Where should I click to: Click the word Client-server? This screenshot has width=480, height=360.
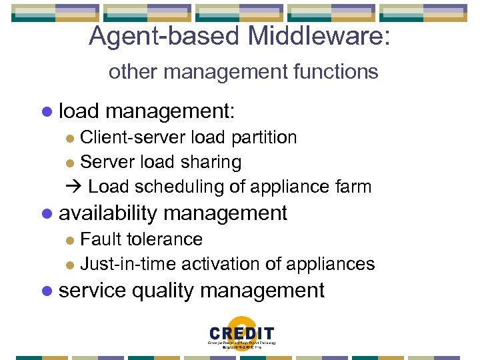133,137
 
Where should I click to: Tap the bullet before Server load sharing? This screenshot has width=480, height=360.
71,163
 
